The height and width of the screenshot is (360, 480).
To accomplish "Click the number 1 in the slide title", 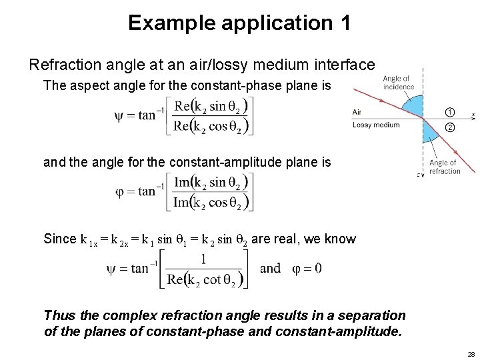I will [x=344, y=23].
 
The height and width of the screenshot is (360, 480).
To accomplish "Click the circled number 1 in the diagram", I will [x=450, y=112].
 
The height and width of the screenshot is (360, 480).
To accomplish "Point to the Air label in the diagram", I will [x=357, y=113].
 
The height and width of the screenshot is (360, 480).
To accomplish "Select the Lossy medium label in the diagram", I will [x=375, y=125].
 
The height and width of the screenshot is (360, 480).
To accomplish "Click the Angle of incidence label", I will [x=398, y=83].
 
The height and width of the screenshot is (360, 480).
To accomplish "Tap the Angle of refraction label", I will [x=445, y=167].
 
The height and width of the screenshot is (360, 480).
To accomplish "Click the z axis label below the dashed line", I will [x=419, y=174].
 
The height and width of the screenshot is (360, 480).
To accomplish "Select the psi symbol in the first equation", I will [x=120, y=115].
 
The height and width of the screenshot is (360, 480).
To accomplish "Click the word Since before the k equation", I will [x=59, y=239].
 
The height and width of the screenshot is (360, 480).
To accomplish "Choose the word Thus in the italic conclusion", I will [x=58, y=315].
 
